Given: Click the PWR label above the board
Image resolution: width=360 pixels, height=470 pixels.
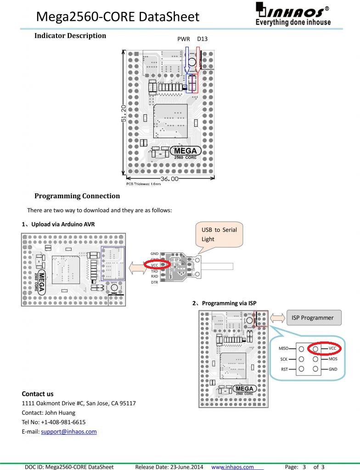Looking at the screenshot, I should tap(184, 39).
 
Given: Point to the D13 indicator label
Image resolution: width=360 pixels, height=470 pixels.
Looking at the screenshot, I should tap(202, 39).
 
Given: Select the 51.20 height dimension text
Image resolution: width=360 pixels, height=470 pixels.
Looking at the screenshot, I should tap(124, 112).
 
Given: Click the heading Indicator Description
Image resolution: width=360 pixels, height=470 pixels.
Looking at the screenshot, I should tap(70, 35).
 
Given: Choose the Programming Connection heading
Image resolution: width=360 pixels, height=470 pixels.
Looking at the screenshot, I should tap(77, 196).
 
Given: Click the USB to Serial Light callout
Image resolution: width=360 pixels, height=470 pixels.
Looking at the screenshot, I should tap(219, 234).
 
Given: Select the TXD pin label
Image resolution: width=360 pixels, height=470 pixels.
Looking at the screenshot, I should tap(154, 271).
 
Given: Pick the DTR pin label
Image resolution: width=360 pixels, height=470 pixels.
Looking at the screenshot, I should tap(154, 282).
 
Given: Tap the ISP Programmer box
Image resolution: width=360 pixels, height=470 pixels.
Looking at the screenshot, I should tap(314, 318).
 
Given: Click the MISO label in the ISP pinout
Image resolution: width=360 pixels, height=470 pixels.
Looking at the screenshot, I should tap(283, 349).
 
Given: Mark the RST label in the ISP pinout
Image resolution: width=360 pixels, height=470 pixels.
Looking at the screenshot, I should tap(284, 369).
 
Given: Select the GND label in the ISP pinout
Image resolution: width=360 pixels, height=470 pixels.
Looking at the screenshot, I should tap(333, 369).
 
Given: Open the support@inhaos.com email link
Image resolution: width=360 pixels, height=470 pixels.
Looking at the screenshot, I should tap(69, 432).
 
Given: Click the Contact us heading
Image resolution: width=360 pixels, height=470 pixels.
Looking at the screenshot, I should tap(38, 394).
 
